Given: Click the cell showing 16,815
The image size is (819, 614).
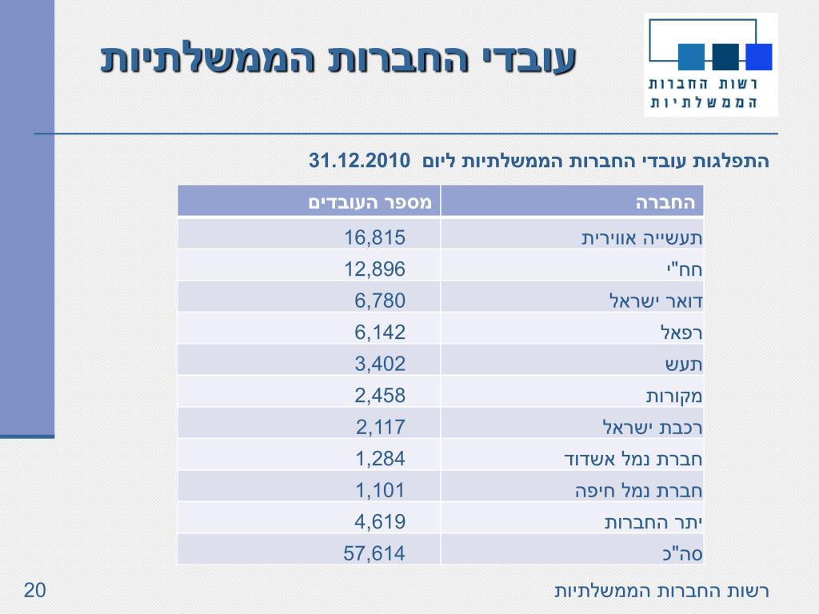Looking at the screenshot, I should tap(375, 237).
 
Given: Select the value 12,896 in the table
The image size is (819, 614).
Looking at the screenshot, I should tap(375, 269).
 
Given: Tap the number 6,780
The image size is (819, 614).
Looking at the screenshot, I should tap(380, 301).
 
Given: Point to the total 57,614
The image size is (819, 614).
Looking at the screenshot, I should tap(375, 552).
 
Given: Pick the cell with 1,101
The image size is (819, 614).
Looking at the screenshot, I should tap(380, 489).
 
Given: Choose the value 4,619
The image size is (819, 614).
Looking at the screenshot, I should tap(380, 521).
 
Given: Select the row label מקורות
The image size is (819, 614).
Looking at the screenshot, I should tap(674, 396).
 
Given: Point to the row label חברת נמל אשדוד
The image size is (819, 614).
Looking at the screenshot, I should tap(633, 459).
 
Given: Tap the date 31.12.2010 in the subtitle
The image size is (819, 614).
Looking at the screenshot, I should tap(359, 160).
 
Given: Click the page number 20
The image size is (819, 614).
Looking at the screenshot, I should tap(34, 591).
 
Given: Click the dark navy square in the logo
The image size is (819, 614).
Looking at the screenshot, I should tap(725, 56).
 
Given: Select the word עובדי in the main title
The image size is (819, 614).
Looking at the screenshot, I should tap(530, 60).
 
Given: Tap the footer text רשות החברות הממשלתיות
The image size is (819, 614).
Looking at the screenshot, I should tap(661, 592).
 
